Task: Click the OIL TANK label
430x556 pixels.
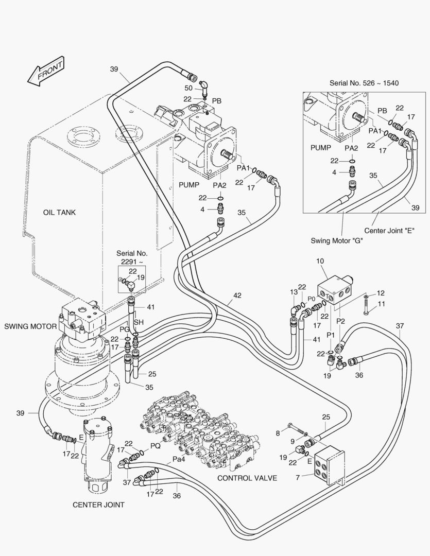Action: tap(59, 213)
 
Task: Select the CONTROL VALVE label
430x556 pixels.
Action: tap(247, 478)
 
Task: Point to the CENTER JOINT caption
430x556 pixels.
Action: tap(98, 505)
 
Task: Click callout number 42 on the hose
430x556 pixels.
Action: tap(237, 296)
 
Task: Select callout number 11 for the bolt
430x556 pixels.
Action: tap(381, 304)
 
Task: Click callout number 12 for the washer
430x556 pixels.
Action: tap(381, 292)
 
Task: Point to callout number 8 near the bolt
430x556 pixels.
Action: tap(278, 433)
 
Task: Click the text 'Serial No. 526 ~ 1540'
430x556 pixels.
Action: tap(364, 82)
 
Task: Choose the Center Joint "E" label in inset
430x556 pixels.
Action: tap(389, 230)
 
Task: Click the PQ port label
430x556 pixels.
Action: tap(155, 446)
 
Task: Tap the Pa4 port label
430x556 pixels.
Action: tap(179, 459)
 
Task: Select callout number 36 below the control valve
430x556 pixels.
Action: tap(177, 496)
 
